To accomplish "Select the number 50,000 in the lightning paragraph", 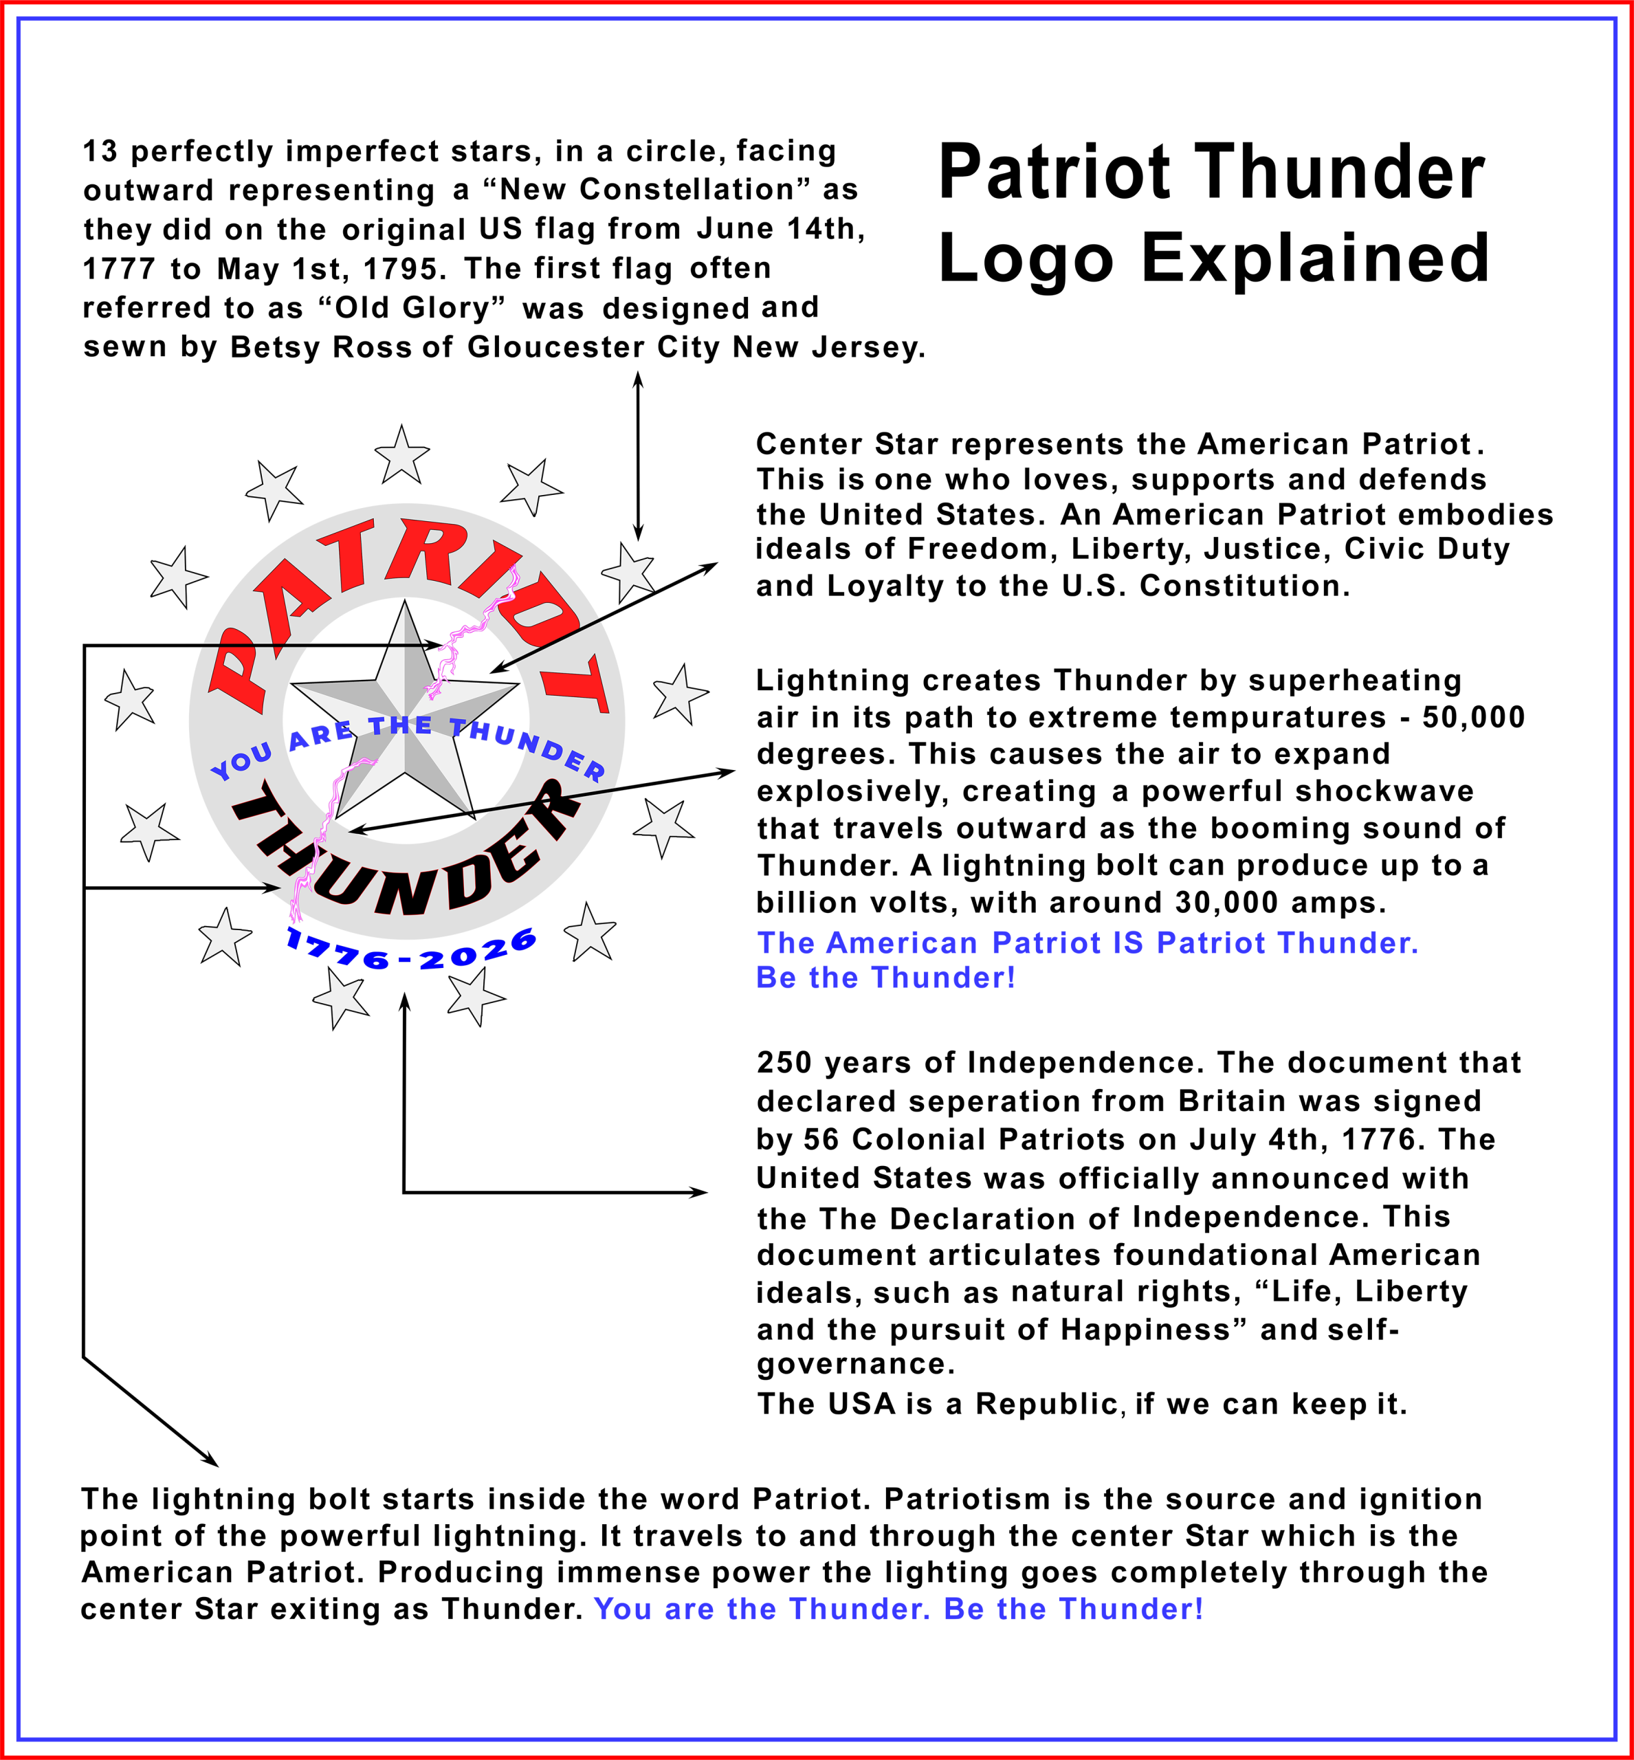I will point(1473,717).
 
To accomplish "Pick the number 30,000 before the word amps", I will point(1226,902).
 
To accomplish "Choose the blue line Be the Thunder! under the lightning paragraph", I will point(885,978).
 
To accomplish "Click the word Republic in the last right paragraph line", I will point(1048,1404).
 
